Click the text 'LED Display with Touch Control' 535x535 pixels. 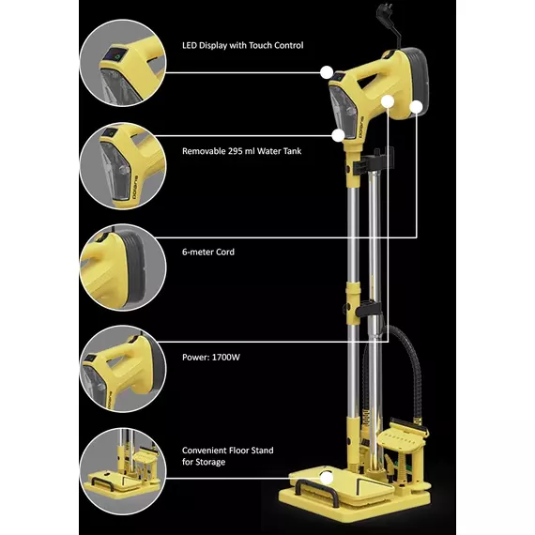[242, 45]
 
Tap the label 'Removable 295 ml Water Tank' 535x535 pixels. [241, 151]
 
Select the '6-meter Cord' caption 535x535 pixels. [208, 252]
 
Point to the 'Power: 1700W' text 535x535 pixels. [211, 358]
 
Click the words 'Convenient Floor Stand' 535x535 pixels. [227, 451]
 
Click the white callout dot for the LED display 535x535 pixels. [327, 72]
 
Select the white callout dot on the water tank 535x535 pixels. [338, 135]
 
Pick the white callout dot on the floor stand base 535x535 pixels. [327, 478]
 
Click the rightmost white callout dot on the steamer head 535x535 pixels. [416, 106]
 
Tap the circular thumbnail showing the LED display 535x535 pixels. [123, 63]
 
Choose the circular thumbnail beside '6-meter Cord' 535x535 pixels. [123, 267]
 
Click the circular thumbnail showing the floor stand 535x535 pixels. [123, 471]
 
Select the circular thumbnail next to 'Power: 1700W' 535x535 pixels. [123, 369]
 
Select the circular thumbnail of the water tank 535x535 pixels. [123, 166]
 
